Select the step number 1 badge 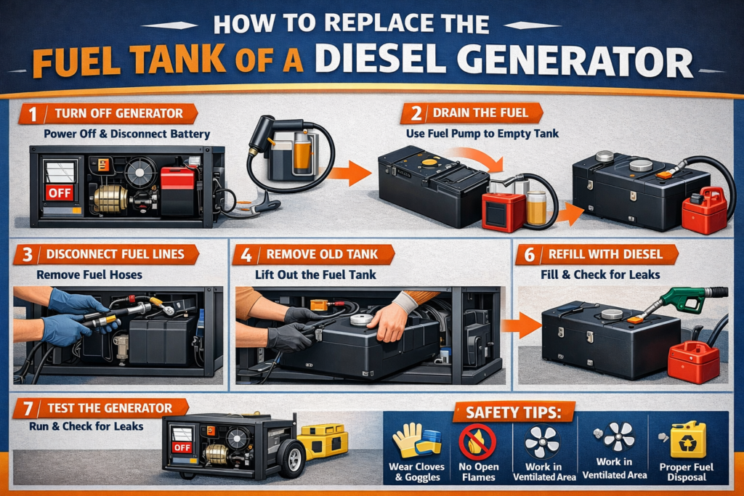(32, 114)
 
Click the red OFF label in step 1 (60, 192)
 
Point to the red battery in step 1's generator (177, 190)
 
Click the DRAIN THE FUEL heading (480, 113)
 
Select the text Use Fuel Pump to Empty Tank (482, 134)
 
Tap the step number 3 (28, 255)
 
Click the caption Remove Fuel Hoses (89, 275)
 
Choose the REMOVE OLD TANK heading (322, 254)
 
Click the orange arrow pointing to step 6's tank (521, 325)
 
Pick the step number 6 (530, 255)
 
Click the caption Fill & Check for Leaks (600, 275)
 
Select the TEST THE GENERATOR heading (110, 408)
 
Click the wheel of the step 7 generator (291, 458)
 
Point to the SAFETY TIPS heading (514, 412)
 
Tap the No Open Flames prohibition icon (477, 442)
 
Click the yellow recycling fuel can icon (687, 439)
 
